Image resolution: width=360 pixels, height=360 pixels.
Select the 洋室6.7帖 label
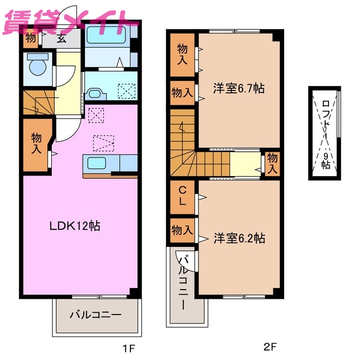coord(238,89)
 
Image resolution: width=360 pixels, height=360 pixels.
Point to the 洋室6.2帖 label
coord(238,238)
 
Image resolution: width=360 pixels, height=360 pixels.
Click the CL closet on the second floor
coord(183,195)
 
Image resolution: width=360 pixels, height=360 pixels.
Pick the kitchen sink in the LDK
coord(101,164)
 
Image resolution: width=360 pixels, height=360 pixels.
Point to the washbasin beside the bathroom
coord(94,94)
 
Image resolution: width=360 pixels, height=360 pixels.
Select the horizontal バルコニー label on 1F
coord(95,314)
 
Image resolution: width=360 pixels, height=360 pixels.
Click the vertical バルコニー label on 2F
coord(183,281)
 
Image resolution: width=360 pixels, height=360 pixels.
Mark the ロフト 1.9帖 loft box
coord(325,133)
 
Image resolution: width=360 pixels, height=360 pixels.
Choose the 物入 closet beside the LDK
coord(37,143)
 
